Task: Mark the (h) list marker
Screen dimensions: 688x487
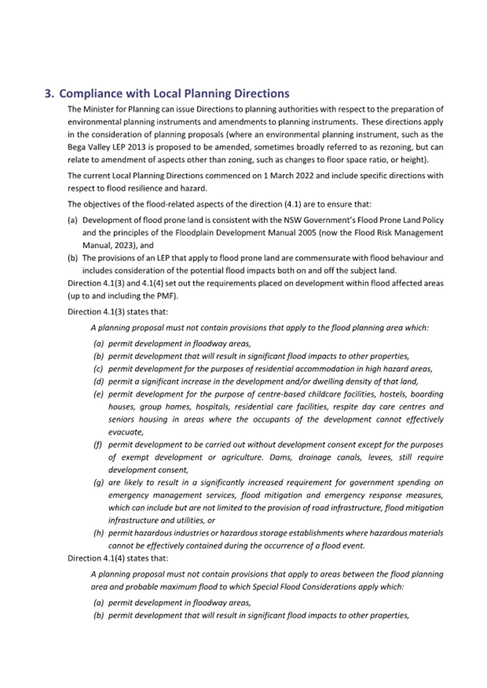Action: [x=98, y=533]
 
